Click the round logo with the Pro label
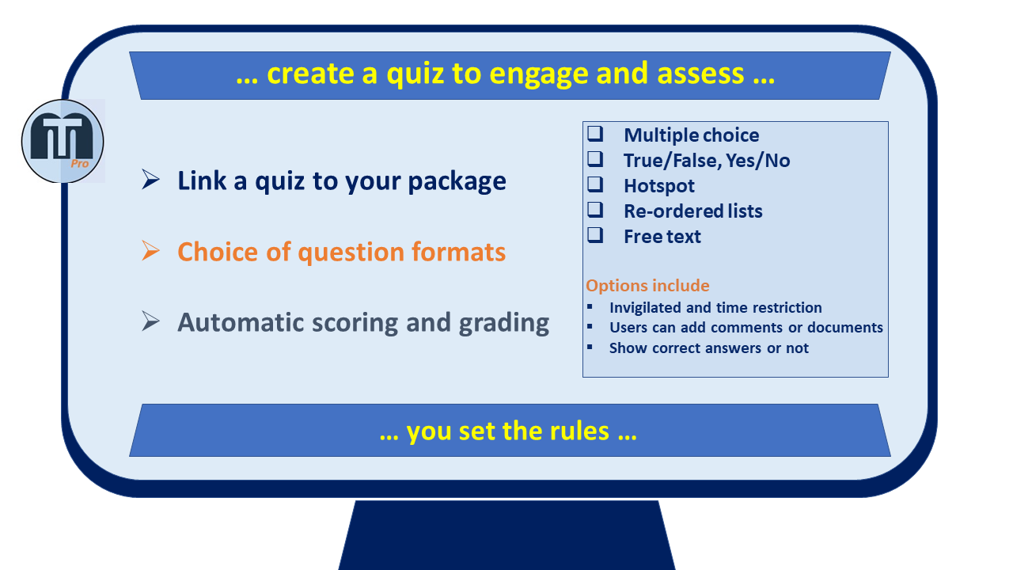pyautogui.click(x=63, y=141)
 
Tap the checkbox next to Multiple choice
pyautogui.click(x=595, y=134)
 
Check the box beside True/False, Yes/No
pyautogui.click(x=595, y=159)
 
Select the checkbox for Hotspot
pyautogui.click(x=595, y=184)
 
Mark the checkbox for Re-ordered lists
pyautogui.click(x=595, y=210)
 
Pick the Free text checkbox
pyautogui.click(x=595, y=235)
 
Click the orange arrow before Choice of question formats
pyautogui.click(x=150, y=251)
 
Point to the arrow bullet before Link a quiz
pyautogui.click(x=150, y=180)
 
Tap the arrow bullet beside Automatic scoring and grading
pyautogui.click(x=150, y=321)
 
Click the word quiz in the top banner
pyautogui.click(x=415, y=74)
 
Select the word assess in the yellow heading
pyautogui.click(x=700, y=74)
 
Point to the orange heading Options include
pyautogui.click(x=647, y=286)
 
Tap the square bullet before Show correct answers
pyautogui.click(x=590, y=347)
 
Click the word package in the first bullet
pyautogui.click(x=457, y=182)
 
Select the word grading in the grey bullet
pyautogui.click(x=504, y=324)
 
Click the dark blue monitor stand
pyautogui.click(x=506, y=534)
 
